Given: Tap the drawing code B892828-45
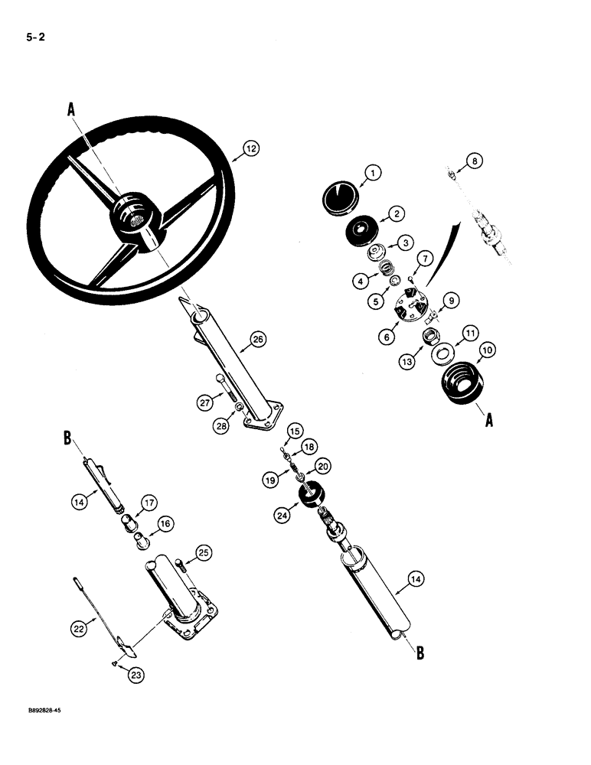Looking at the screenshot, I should tap(37, 711).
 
